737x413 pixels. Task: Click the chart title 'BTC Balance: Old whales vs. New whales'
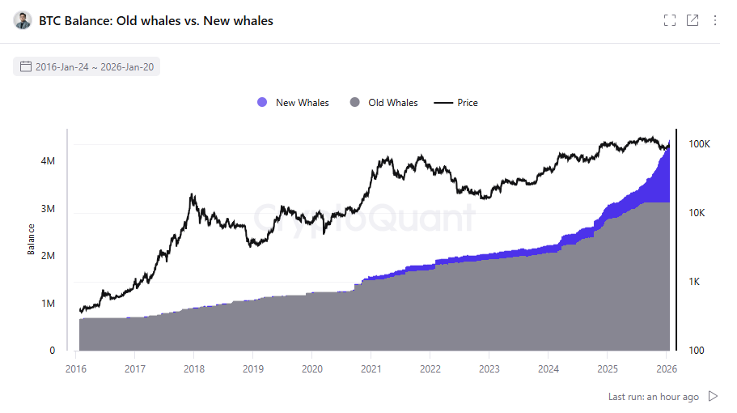coord(156,21)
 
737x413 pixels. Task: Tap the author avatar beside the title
coord(23,21)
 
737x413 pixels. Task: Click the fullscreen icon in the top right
coord(669,21)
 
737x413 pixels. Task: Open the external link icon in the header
coord(693,21)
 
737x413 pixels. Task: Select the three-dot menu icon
coord(715,21)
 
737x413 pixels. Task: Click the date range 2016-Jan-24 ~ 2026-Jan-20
coord(95,66)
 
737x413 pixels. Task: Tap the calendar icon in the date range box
coord(26,66)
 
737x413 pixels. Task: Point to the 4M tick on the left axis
coord(47,161)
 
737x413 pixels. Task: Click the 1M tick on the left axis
coord(47,304)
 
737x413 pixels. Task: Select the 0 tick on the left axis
coord(52,351)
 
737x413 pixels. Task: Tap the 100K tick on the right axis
coord(699,144)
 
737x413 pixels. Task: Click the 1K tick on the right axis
coord(696,282)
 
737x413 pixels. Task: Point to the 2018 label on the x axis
coord(193,369)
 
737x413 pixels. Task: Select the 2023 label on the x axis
coord(489,369)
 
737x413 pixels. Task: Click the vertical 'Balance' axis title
coord(32,239)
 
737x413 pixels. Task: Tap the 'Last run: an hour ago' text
coord(654,397)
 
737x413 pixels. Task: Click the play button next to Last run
coord(713,397)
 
